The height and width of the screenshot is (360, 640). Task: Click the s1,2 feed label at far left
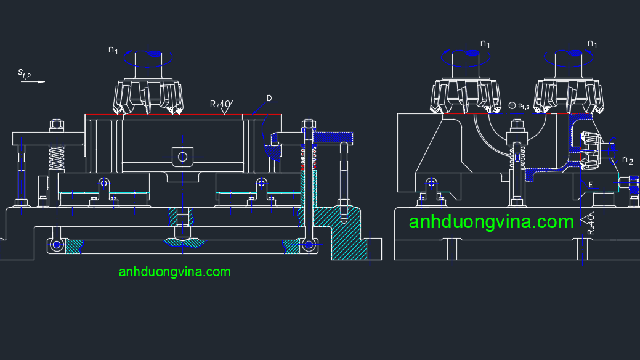click(x=24, y=73)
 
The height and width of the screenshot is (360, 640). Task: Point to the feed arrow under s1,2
click(x=33, y=82)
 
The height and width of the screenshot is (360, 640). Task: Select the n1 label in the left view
click(x=113, y=50)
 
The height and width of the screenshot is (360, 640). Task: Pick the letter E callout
click(x=591, y=184)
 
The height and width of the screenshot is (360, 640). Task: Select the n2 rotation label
click(x=627, y=160)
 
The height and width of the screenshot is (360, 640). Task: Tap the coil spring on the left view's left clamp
click(x=56, y=158)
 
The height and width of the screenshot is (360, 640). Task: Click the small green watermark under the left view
click(x=174, y=271)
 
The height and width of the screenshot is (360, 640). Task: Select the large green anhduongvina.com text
click(x=492, y=222)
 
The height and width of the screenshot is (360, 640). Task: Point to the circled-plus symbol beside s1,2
click(x=512, y=105)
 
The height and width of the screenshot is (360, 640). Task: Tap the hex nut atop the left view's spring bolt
click(x=56, y=125)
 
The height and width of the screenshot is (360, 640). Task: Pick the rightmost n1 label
click(x=592, y=44)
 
